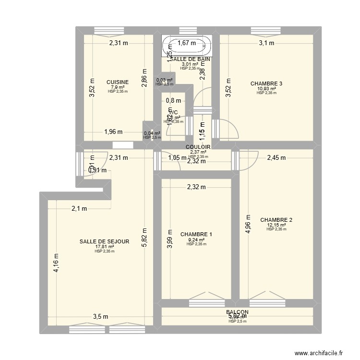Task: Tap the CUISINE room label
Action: [x=118, y=82]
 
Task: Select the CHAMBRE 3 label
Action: [x=266, y=84]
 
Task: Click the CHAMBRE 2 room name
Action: [x=276, y=220]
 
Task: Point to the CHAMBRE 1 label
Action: [x=196, y=234]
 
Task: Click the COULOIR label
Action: [x=198, y=147]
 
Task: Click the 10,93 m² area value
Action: [x=266, y=89]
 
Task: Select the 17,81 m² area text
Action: [x=104, y=247]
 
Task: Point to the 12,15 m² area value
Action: [x=276, y=225]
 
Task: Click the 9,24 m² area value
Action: [x=196, y=240]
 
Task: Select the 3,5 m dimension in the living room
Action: [x=100, y=316]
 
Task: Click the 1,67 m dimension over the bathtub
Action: [x=187, y=43]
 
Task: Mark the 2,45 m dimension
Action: [x=276, y=157]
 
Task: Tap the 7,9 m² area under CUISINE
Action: [x=118, y=87]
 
